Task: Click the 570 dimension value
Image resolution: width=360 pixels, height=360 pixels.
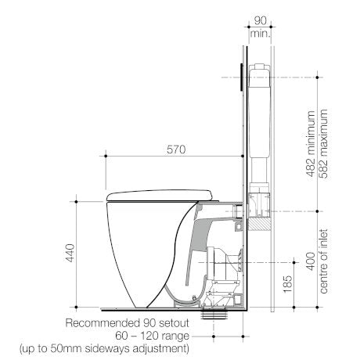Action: coord(176,149)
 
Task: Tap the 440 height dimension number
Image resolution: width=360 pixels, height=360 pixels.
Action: coord(70,253)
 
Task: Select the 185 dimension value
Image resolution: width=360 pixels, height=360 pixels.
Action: coord(287,284)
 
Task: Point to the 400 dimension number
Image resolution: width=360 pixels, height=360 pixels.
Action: coord(311,261)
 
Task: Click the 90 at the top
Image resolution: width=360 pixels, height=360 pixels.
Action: coord(261,20)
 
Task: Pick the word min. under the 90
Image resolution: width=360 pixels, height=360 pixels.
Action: coord(261,34)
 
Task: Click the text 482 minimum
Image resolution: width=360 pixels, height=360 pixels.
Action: coord(311,144)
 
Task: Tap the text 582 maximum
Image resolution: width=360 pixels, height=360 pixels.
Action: coord(323,144)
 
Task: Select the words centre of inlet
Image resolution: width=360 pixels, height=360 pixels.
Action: coord(323,261)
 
